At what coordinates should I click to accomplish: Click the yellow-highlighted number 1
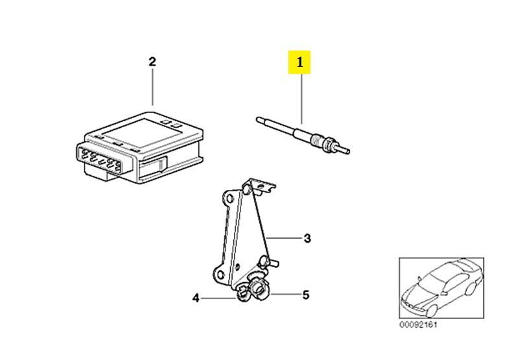click(x=299, y=62)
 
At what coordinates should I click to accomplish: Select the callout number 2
click(x=152, y=62)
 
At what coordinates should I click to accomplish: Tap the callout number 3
click(x=307, y=238)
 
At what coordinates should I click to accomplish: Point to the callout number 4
click(x=196, y=298)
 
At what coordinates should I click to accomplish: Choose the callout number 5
click(x=306, y=295)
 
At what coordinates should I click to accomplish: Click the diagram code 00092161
click(x=418, y=324)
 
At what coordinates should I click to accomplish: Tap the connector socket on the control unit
click(x=100, y=159)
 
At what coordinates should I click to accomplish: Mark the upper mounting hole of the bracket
click(x=229, y=199)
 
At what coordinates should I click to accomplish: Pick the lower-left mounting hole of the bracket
click(x=220, y=275)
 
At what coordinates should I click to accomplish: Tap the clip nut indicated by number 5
click(x=259, y=289)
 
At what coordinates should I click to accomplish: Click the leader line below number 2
click(x=152, y=87)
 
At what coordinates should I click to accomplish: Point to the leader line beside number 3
click(x=284, y=238)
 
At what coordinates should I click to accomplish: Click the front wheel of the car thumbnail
click(x=432, y=311)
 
